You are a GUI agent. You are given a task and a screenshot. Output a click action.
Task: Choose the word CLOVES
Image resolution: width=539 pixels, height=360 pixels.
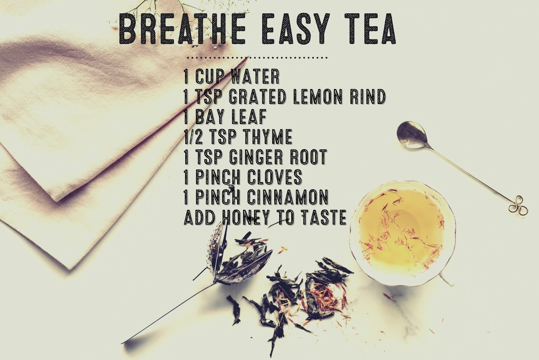tap(275, 177)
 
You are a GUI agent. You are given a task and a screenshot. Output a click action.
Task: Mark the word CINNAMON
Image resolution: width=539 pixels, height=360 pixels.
tap(288, 197)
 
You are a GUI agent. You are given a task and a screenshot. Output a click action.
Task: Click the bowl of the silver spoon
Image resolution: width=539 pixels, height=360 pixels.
tap(412, 135)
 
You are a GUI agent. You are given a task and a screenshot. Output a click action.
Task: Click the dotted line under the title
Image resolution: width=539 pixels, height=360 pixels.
tap(257, 58)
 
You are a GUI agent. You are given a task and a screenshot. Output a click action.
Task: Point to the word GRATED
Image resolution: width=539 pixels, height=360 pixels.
tap(257, 97)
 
